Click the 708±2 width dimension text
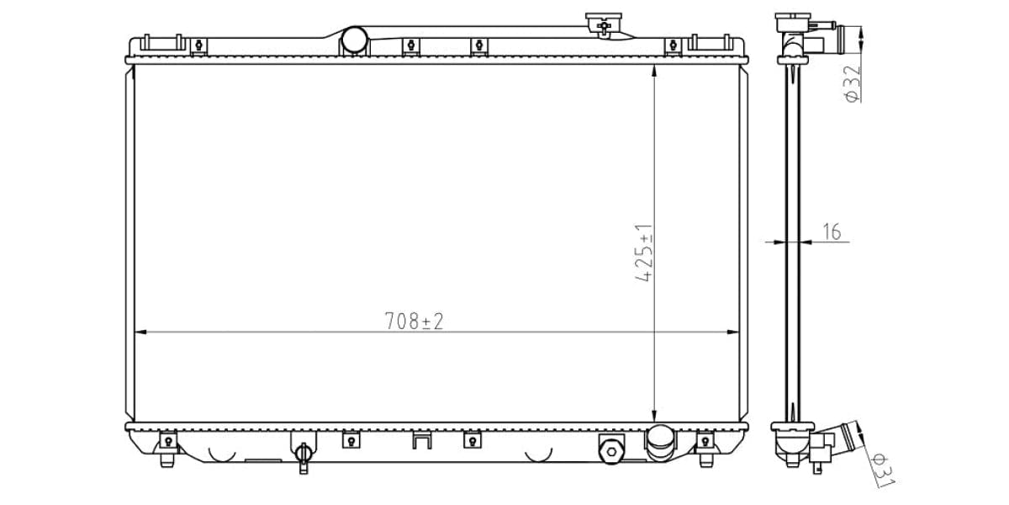tap(414, 321)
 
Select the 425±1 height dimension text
tap(644, 252)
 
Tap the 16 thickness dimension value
tap(832, 231)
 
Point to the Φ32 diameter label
tap(853, 84)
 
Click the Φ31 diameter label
tap(882, 470)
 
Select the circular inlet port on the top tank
tap(354, 40)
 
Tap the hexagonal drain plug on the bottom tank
tap(611, 451)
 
